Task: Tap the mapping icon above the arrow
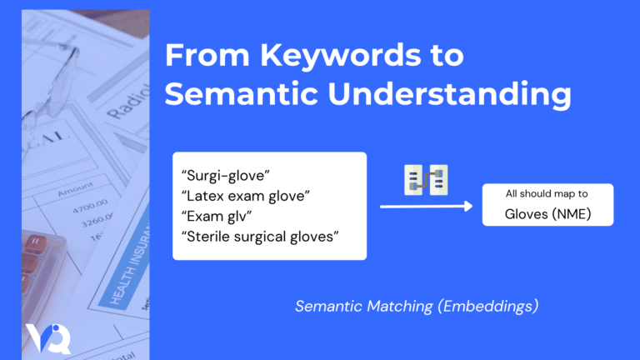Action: coord(426,180)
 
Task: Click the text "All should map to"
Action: coord(547,193)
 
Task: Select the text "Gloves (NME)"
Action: coord(547,213)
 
